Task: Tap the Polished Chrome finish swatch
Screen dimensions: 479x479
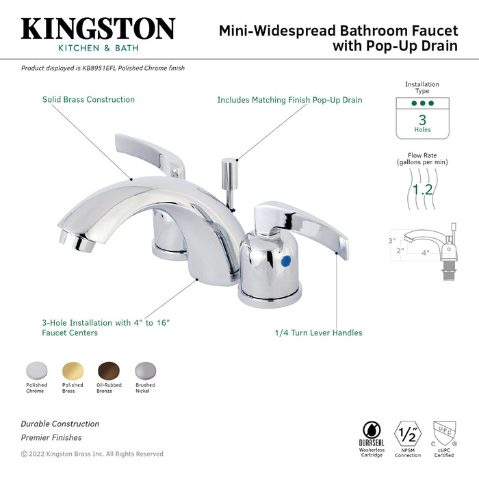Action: tap(36, 370)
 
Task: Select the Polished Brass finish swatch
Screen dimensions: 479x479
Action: tap(73, 370)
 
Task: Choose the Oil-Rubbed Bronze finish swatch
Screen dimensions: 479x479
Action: tap(108, 370)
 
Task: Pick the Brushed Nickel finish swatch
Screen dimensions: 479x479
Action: tap(145, 370)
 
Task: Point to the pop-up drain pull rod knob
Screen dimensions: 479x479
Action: tap(229, 164)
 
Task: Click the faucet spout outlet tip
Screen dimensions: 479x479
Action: tap(66, 239)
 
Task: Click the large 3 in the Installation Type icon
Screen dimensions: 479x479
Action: tap(422, 119)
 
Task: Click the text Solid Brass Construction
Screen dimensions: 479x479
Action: tap(88, 99)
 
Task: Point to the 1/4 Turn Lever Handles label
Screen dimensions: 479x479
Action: tap(318, 333)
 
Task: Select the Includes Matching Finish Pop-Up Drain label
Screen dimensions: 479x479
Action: tap(289, 100)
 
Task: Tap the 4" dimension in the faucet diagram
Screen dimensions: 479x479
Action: tap(425, 253)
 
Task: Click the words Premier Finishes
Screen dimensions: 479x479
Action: tap(51, 437)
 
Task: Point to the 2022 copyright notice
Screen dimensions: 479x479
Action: tap(92, 454)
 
